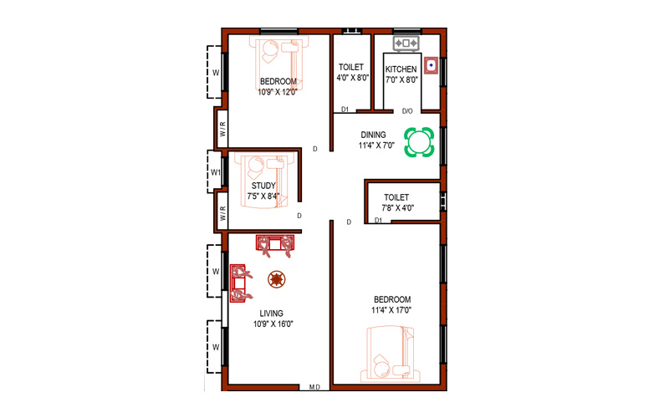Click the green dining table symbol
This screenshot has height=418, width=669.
coord(419,142)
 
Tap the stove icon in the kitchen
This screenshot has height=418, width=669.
coord(406,43)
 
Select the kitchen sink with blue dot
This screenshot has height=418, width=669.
coord(432,65)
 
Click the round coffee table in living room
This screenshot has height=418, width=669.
coord(277,279)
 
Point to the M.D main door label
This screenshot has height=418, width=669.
coord(314,387)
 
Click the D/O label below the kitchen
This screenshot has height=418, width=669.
coord(407,111)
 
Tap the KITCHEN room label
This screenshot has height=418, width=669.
coord(401,69)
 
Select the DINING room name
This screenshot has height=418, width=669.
coord(373,135)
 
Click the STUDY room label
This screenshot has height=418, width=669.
coord(263,186)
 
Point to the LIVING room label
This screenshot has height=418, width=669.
coord(271,313)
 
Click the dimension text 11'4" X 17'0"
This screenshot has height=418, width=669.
coord(391,310)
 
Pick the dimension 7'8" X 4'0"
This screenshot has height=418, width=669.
coord(398,208)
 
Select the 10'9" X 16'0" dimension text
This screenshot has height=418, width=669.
coord(273,324)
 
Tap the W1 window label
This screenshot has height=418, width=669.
coord(216,173)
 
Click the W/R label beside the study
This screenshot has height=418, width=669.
coord(222,212)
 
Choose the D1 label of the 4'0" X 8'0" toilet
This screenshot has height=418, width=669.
coord(345,110)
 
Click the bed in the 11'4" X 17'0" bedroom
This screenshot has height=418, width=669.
coord(390,354)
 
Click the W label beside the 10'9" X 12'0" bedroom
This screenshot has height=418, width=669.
coord(216,73)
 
